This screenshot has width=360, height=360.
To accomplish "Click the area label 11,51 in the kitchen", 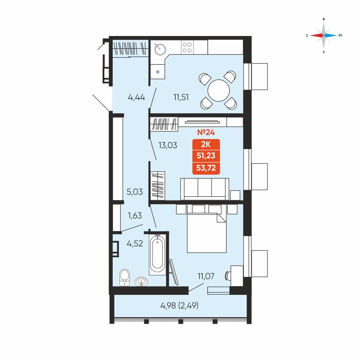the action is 181,97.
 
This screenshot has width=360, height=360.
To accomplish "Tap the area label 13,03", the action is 168,145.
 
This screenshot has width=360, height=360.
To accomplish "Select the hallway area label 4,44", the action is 136,97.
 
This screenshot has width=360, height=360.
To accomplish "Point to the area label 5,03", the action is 135,192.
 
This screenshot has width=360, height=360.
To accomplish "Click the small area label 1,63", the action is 135,215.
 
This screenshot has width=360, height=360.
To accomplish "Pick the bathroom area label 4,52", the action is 135,243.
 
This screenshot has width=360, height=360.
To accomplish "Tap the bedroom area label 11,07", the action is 206,276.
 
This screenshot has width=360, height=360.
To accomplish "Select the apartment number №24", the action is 206,132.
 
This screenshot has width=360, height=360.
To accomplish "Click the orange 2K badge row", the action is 206,144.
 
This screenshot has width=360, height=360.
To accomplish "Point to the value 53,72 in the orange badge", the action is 206,168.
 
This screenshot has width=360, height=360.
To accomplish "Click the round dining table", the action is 219,90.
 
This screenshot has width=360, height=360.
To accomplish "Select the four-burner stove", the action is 187,47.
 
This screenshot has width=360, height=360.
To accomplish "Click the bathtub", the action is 157,254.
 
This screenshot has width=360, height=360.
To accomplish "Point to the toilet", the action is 125,277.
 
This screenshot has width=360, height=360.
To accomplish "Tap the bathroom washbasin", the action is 141,281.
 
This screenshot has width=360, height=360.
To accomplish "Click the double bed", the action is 207,232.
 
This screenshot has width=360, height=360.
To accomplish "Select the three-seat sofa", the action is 205,189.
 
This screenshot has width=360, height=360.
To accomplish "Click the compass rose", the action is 324,35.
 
